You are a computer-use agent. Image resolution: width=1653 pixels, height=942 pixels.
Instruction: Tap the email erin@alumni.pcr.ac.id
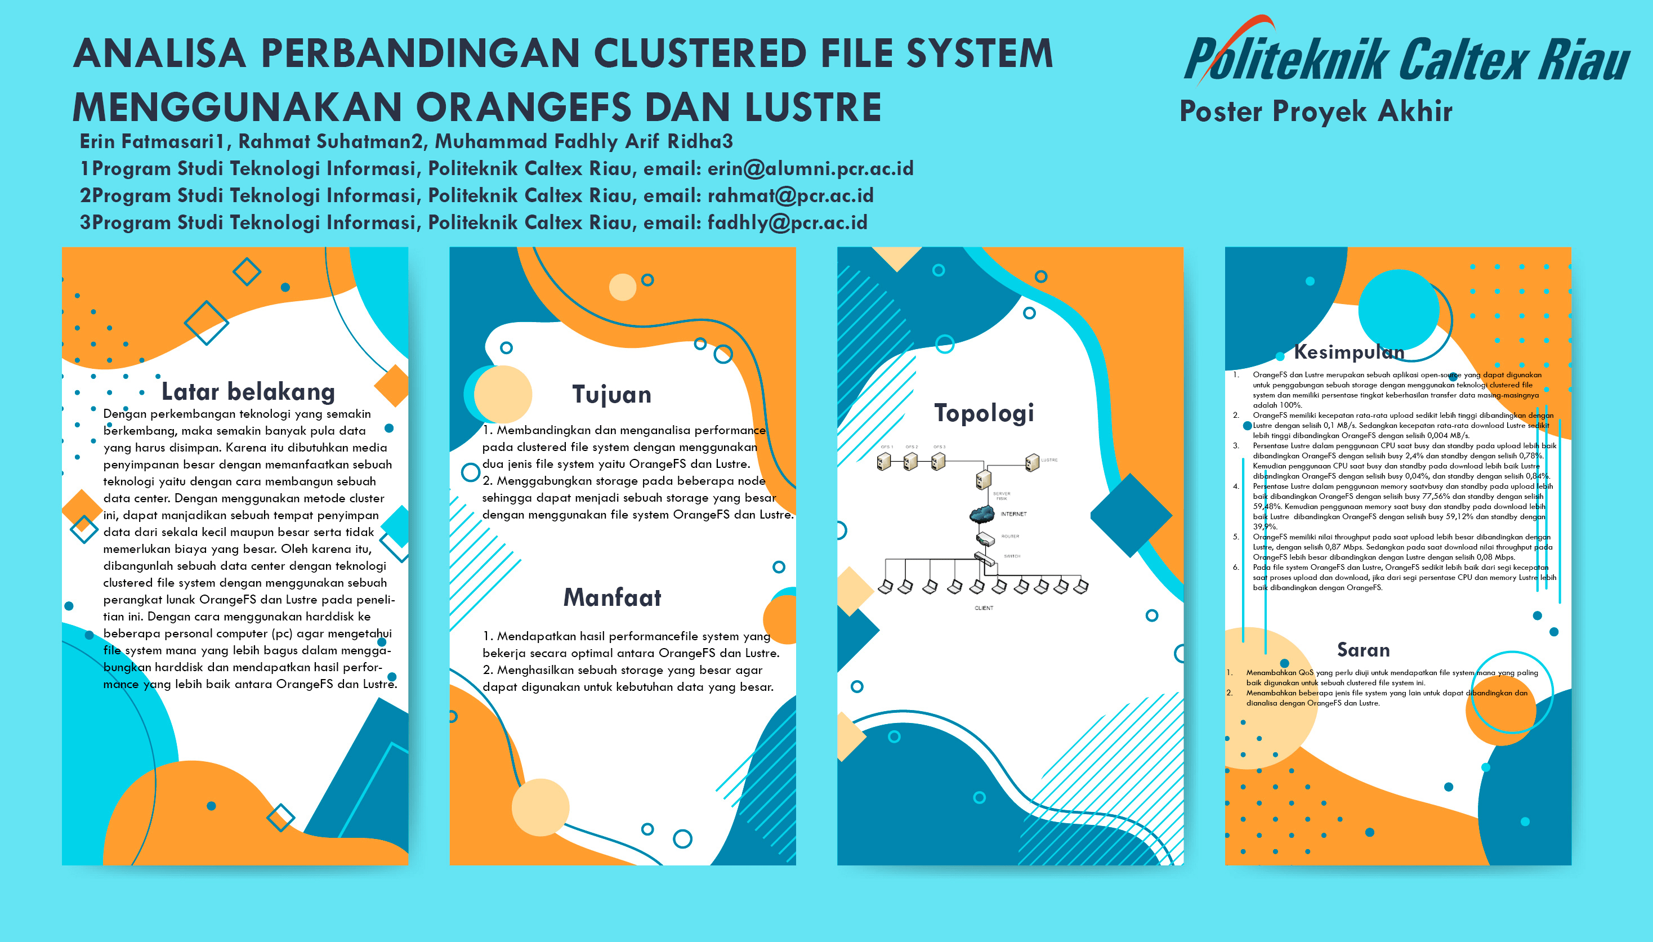(x=810, y=169)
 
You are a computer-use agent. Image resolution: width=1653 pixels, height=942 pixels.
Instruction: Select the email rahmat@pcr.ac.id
(x=790, y=195)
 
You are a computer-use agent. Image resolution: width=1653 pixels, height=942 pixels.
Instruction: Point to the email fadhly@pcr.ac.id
(x=787, y=222)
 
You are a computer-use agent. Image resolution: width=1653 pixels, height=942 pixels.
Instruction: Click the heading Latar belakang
(x=248, y=391)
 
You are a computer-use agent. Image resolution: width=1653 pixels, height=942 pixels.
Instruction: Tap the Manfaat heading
(x=612, y=597)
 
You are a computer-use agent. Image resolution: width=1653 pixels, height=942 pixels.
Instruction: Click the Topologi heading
(x=984, y=413)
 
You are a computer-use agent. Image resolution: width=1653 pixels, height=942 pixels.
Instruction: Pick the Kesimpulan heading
(x=1348, y=352)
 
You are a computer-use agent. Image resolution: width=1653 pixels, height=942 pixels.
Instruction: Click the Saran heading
(x=1362, y=650)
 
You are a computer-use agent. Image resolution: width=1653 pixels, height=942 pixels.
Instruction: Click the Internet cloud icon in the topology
(x=982, y=514)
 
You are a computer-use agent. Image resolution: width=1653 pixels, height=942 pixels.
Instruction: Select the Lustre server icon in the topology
(x=1032, y=462)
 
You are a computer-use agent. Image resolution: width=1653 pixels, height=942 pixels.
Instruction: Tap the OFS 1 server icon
(x=884, y=461)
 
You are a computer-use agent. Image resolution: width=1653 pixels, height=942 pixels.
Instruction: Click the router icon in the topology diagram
(x=984, y=538)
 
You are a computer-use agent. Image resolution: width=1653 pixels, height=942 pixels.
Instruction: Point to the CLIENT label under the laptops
(x=984, y=608)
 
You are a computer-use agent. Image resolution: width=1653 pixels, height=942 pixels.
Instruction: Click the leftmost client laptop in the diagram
(x=886, y=586)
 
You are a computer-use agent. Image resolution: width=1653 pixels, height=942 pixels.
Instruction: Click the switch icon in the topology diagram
(x=984, y=557)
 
